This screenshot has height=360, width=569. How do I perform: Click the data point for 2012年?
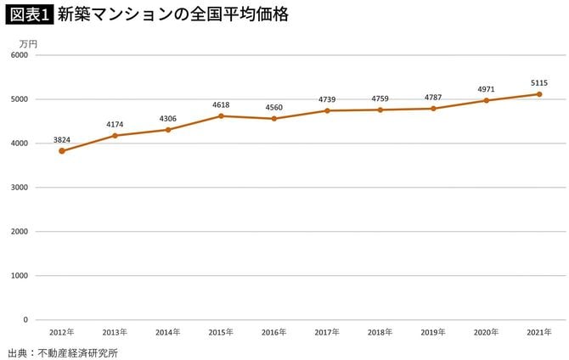[62, 151]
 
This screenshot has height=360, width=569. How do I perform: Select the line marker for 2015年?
[221, 115]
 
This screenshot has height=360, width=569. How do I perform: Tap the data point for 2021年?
[539, 94]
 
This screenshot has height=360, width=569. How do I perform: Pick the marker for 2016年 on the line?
[274, 118]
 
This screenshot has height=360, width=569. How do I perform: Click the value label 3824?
[62, 139]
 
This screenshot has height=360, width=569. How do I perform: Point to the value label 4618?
[221, 104]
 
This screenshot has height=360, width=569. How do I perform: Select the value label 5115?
[539, 82]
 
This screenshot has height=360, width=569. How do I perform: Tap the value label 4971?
[486, 88]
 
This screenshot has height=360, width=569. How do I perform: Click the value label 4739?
[327, 99]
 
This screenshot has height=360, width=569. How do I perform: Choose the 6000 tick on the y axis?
[20, 55]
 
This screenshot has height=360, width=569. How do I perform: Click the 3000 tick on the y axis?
[20, 188]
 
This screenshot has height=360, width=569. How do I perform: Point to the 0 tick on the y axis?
[25, 320]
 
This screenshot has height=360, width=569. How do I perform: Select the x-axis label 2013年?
[115, 332]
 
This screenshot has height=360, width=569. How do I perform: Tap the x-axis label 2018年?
[380, 332]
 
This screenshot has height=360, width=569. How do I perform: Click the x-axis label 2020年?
[486, 332]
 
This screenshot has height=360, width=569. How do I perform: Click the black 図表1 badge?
[28, 15]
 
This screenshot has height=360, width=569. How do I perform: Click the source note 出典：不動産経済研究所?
[62, 352]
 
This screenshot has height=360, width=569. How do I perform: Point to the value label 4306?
[168, 118]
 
